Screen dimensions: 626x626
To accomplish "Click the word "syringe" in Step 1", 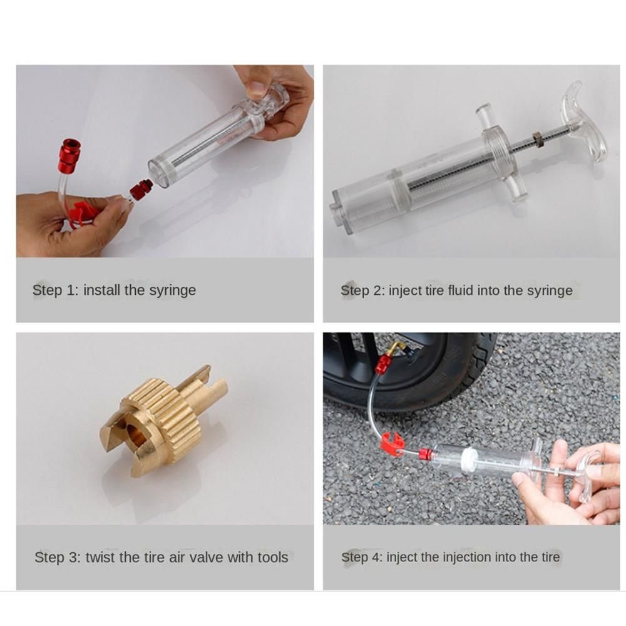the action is coord(173,290).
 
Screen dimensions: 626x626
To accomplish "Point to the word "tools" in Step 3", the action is coord(273,557).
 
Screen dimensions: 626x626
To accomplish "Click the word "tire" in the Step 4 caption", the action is coord(550,557).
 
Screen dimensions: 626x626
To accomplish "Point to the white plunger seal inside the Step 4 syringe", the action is coord(468,459).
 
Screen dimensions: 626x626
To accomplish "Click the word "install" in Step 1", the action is coord(101,290).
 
